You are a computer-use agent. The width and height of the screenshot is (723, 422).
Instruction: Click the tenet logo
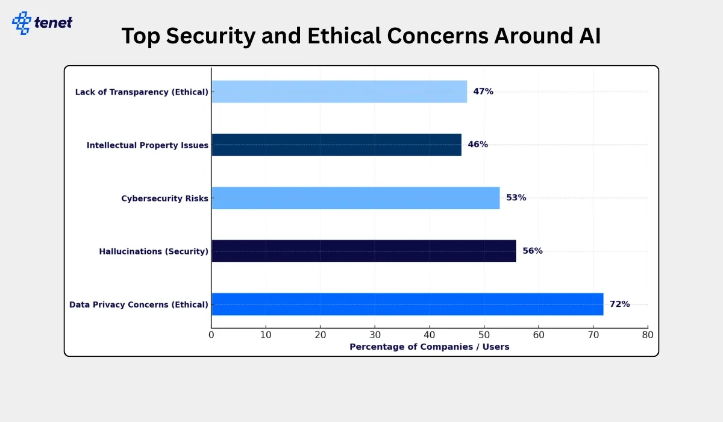42,23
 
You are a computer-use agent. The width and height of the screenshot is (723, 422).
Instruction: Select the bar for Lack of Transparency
339,92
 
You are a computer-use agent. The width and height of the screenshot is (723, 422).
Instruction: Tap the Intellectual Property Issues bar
336,145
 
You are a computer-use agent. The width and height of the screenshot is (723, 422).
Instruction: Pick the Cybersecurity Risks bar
355,198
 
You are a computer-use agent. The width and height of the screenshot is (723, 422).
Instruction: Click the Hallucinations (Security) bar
364,251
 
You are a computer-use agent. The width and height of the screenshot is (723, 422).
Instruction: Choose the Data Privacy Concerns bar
407,304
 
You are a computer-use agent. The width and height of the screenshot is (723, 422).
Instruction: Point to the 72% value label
619,304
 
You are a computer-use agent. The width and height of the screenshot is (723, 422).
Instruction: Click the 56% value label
533,251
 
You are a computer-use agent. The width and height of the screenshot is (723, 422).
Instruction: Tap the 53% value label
516,198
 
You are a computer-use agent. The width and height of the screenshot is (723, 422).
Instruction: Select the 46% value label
478,145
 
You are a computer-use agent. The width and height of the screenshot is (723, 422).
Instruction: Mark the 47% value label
483,92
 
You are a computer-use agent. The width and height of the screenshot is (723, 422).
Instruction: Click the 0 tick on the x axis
211,335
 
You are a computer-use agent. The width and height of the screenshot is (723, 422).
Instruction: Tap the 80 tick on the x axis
648,335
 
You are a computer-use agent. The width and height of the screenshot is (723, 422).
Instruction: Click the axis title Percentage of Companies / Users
430,347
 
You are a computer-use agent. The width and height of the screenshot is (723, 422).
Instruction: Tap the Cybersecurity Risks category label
164,198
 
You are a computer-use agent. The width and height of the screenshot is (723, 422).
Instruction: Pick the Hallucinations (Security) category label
154,251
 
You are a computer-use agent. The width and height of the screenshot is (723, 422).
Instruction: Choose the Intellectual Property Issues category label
148,145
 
